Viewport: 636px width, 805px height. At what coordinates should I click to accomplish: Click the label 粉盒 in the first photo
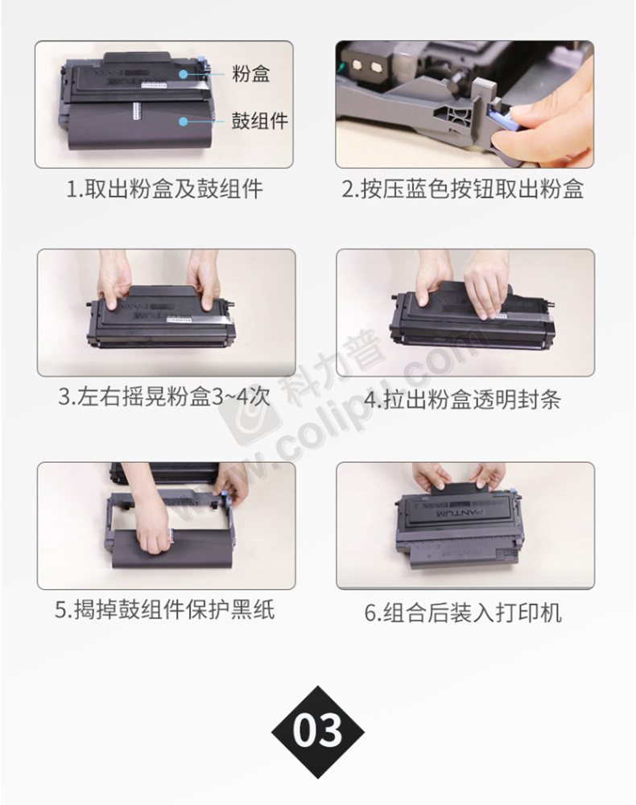250,74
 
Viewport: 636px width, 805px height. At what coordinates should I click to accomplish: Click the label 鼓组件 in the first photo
260,122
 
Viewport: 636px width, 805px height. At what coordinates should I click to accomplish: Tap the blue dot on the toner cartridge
183,74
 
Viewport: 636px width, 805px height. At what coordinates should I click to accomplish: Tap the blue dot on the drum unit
183,122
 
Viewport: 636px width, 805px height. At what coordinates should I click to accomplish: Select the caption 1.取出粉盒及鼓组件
165,189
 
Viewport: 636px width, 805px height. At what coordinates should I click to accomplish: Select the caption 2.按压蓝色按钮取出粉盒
463,189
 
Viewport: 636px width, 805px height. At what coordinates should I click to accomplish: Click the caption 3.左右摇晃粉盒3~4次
163,396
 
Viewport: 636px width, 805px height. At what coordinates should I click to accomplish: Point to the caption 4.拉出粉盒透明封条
462,399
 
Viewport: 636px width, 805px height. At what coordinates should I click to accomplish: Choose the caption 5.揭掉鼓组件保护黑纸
165,609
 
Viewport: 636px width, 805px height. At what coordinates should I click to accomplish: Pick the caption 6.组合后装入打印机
463,613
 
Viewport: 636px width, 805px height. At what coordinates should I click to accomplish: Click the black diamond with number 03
318,732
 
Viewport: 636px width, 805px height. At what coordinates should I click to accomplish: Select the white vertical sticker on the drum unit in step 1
137,111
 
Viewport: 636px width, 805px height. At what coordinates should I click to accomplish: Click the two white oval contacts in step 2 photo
366,66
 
